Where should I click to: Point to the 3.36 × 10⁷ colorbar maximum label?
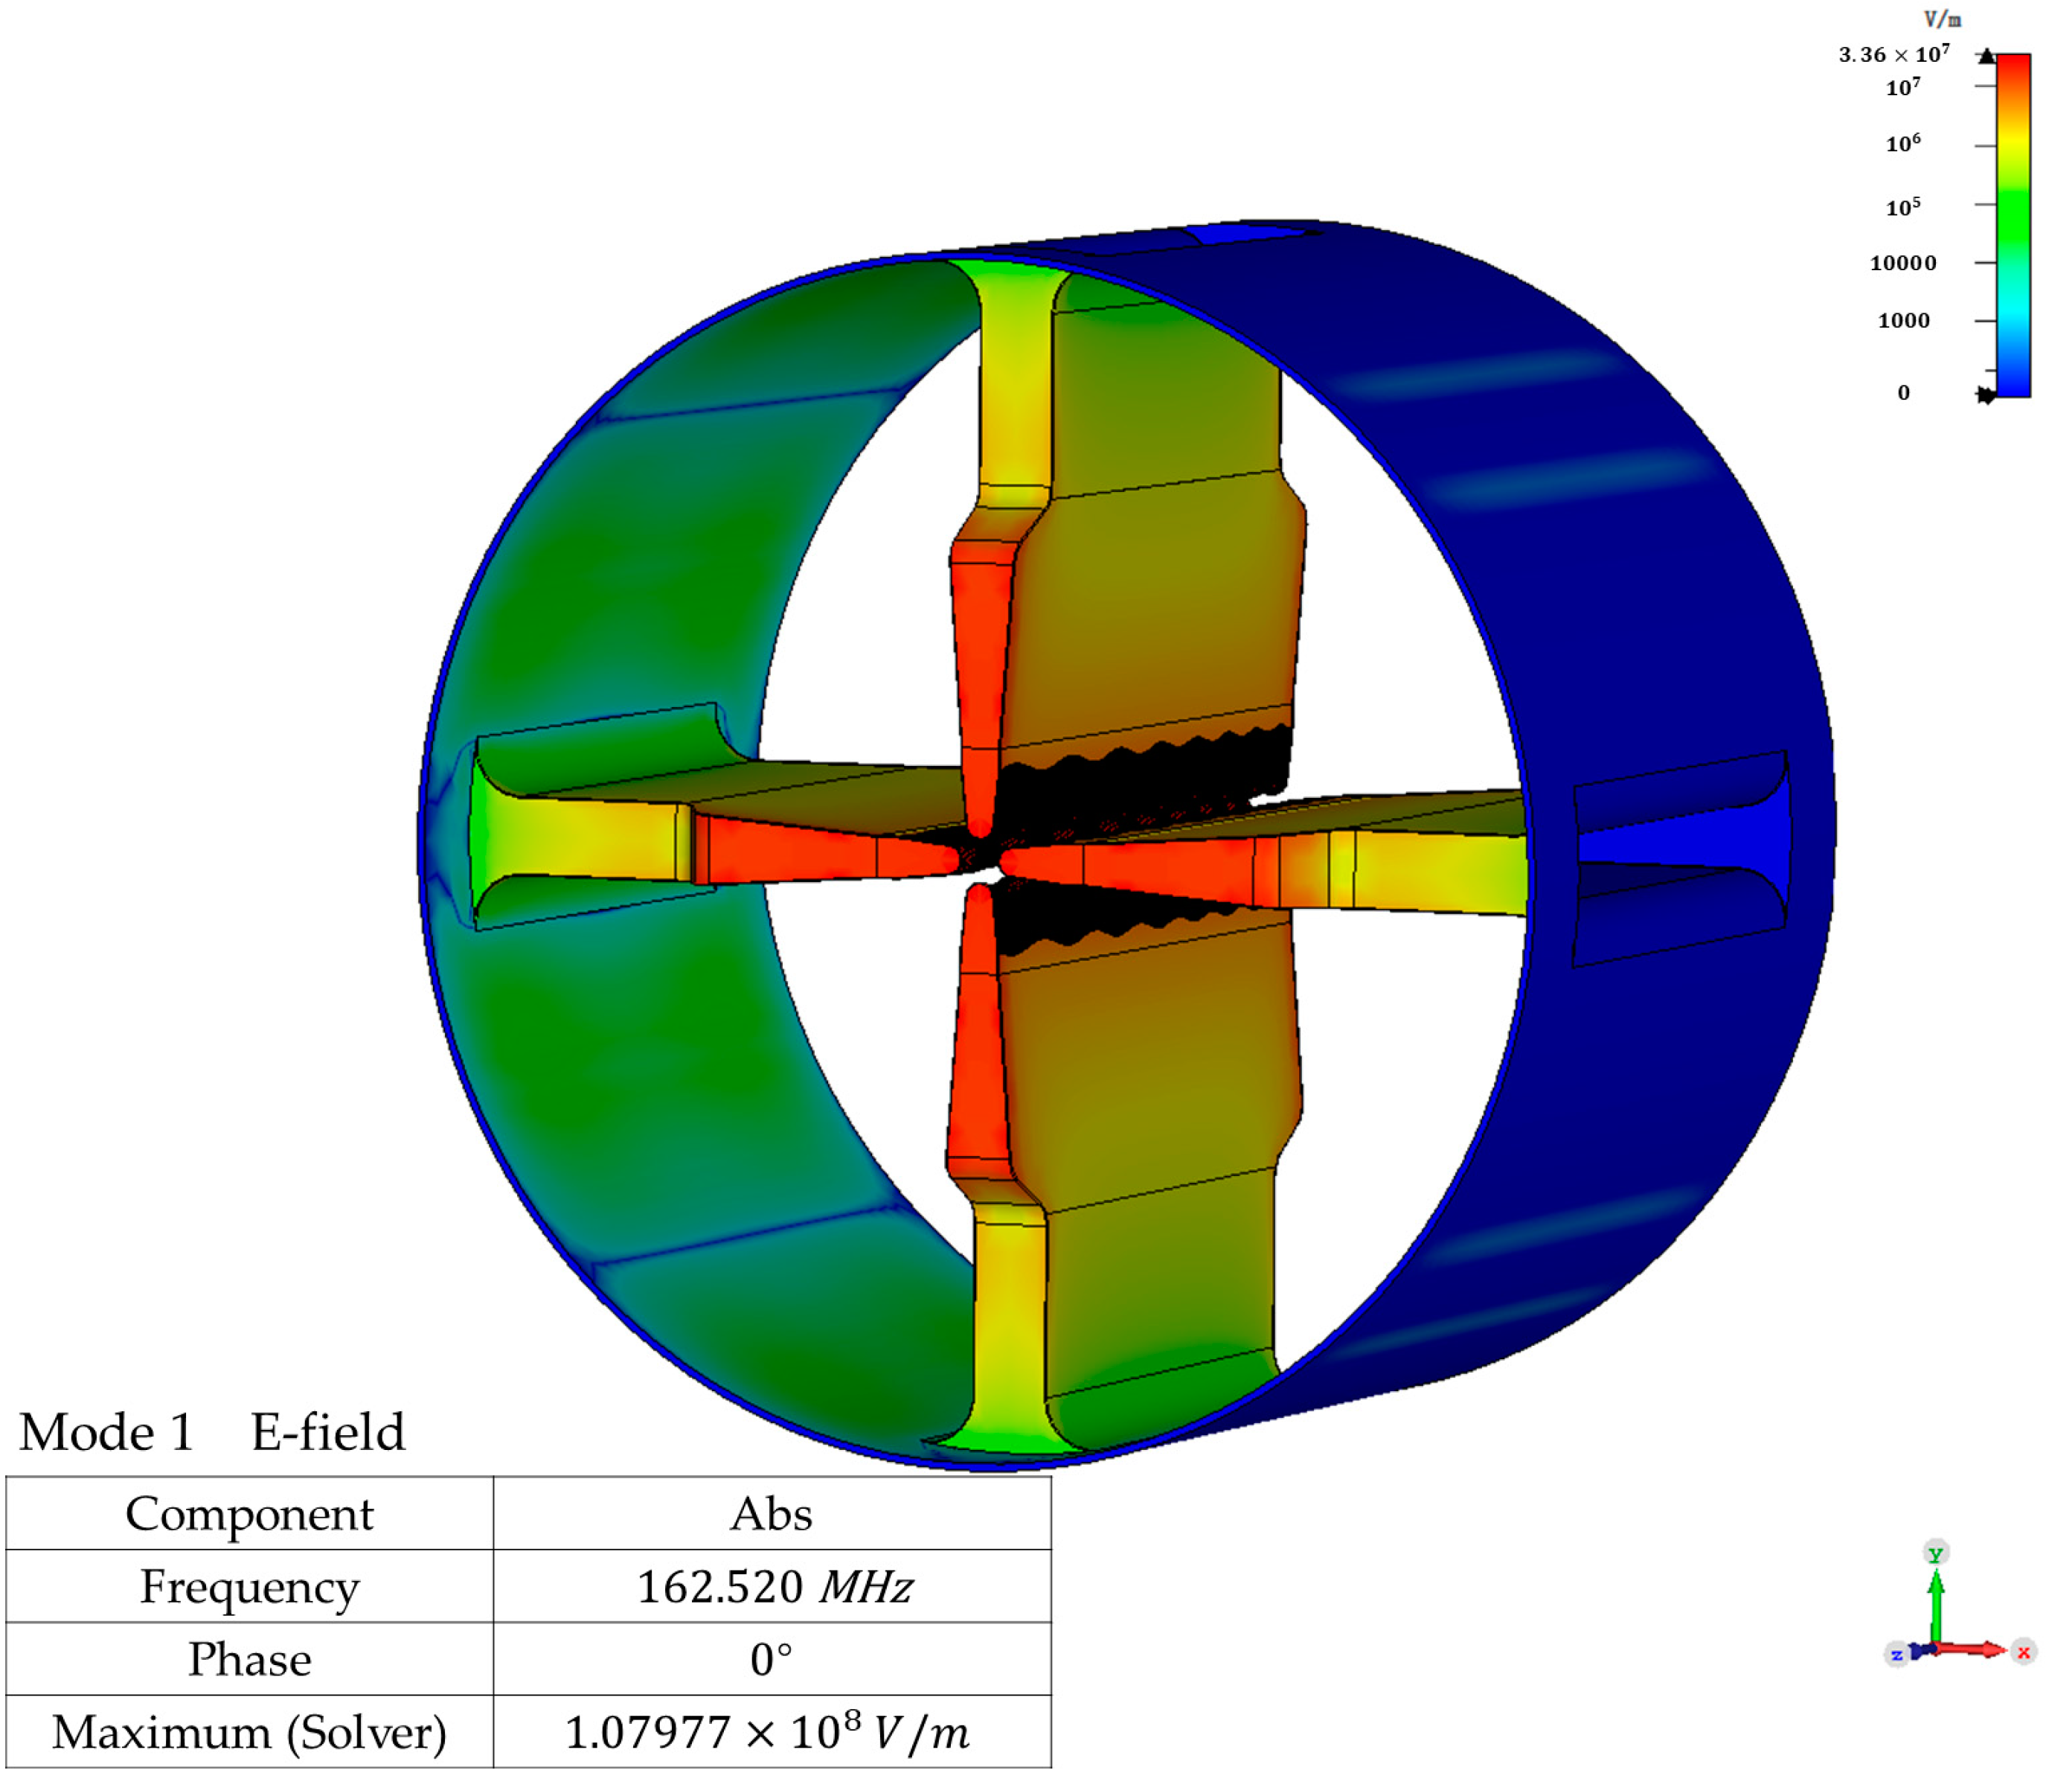[x=1894, y=54]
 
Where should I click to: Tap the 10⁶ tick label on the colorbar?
[x=1902, y=144]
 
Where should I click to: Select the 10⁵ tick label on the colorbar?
[x=1902, y=206]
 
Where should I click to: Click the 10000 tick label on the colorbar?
[x=1902, y=263]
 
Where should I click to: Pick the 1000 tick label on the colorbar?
[x=1903, y=320]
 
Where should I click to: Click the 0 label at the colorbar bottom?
[x=1903, y=392]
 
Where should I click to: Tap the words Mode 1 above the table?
[x=106, y=1433]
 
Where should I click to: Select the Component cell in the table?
[x=248, y=1514]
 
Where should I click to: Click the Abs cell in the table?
[x=771, y=1514]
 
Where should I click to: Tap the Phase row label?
[x=248, y=1659]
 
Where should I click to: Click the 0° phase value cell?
[x=771, y=1659]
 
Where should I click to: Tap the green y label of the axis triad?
[x=1935, y=1553]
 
